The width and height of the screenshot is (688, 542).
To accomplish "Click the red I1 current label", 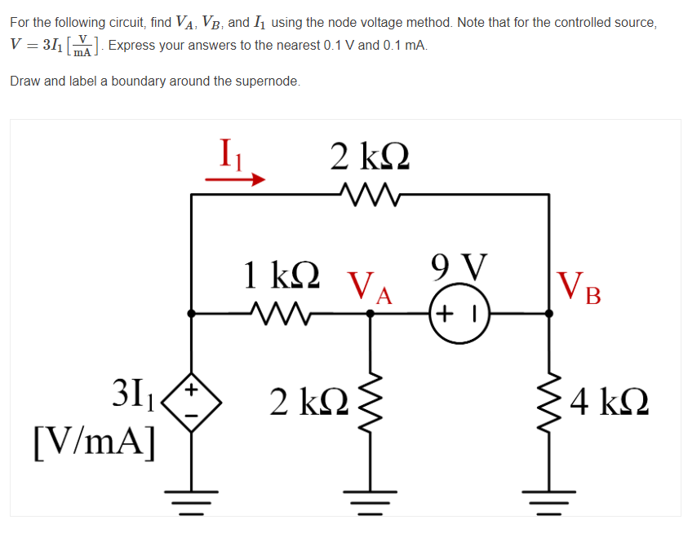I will tap(232, 153).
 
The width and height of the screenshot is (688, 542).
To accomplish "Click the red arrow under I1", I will tap(235, 179).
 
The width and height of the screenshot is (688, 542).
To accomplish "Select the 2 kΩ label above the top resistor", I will tap(370, 155).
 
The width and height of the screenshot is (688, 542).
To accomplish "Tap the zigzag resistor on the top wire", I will tap(370, 195).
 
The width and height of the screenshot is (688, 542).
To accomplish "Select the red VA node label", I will tap(370, 286).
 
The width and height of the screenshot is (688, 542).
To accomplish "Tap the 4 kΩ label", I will tap(611, 401).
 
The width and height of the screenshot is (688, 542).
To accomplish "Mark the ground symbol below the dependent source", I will tap(191, 496).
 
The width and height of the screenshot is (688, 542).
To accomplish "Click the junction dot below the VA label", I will tap(371, 312).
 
